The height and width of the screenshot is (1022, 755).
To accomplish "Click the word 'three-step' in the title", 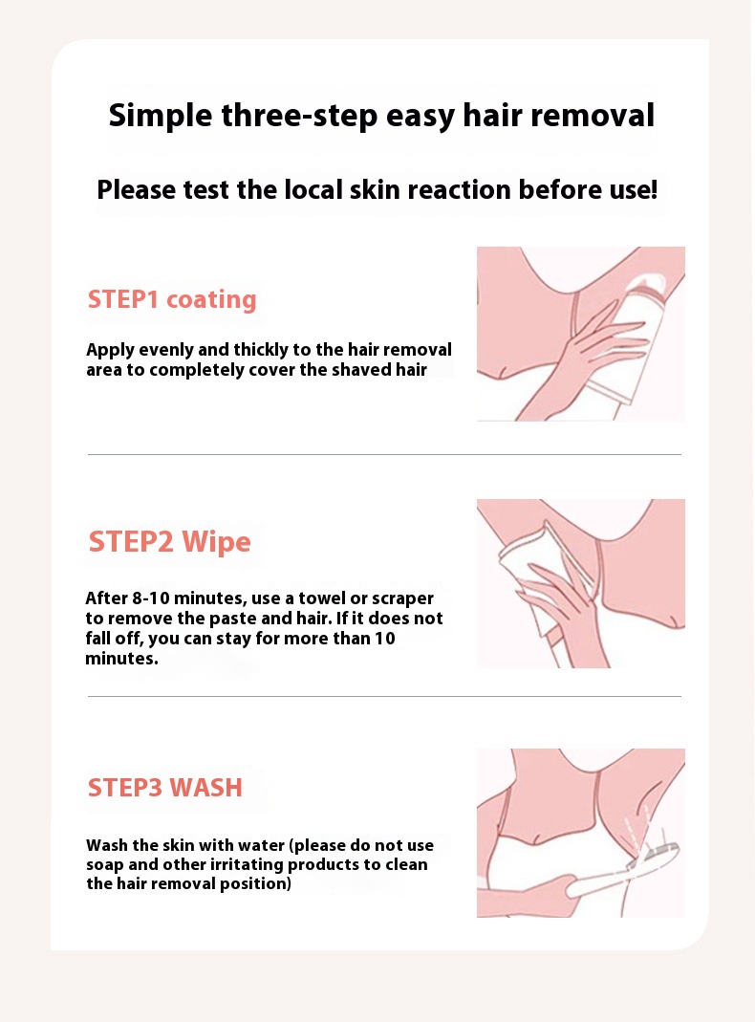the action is click(299, 117).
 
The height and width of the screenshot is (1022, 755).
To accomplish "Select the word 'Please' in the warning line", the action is click(137, 189).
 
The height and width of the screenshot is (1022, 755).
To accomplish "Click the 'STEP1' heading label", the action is click(123, 299).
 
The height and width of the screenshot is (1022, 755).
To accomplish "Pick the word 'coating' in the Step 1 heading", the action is click(212, 300).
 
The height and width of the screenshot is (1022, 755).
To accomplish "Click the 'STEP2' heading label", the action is click(131, 542).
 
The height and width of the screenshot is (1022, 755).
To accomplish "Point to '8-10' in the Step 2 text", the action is click(151, 598).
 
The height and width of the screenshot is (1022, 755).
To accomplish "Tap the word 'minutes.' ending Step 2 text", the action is click(121, 659).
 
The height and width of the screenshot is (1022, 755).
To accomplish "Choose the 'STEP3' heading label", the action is click(125, 788).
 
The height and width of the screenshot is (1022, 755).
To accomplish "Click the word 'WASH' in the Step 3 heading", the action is click(205, 788).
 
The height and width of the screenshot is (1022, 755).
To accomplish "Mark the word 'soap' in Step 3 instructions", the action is click(105, 865).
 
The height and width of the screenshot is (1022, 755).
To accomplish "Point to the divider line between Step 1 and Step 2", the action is click(384, 454).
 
